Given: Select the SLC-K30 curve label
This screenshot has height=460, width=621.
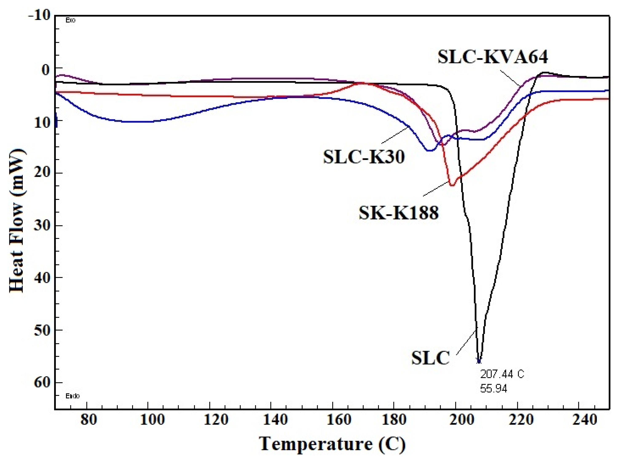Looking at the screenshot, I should click(x=364, y=157).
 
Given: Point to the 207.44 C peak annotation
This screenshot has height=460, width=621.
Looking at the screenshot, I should click(x=502, y=374).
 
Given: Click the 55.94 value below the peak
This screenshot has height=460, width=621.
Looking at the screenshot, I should click(x=494, y=389).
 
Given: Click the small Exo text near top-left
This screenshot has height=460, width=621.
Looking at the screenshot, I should click(x=70, y=20).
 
